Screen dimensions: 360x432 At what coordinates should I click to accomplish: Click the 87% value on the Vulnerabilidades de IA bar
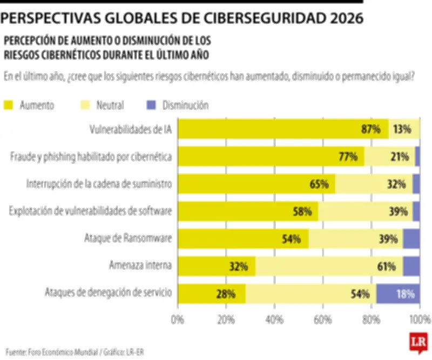372,129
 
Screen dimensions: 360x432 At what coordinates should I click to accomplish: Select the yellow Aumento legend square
9,105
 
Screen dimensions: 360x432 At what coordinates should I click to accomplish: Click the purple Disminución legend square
151,105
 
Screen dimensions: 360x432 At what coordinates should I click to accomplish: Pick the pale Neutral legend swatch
85,105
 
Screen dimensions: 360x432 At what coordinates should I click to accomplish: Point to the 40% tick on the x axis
274,320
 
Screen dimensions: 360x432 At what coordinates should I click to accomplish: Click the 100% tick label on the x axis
419,320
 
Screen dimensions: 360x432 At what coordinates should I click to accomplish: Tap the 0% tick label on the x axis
178,320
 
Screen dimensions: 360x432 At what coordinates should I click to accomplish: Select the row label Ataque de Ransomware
129,238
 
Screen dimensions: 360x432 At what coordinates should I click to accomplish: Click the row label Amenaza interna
140,265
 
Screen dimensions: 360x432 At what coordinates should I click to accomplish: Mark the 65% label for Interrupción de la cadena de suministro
319,184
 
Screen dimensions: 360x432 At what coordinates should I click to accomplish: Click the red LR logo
417,343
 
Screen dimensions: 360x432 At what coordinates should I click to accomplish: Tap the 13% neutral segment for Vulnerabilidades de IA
404,129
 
